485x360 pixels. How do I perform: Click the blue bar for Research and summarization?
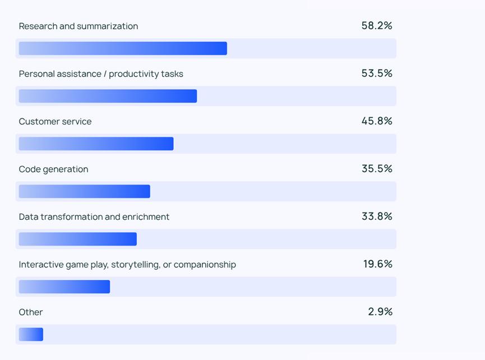(123, 48)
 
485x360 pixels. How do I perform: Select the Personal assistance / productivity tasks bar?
(108, 96)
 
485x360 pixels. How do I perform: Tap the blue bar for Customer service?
(96, 144)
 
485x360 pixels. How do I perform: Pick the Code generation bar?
(84, 191)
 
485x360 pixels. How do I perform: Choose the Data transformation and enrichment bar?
(77, 239)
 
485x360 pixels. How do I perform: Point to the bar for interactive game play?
(64, 287)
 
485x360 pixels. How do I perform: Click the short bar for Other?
(31, 334)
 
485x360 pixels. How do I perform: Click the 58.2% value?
(377, 26)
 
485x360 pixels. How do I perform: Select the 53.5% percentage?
(377, 73)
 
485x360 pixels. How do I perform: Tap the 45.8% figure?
(377, 121)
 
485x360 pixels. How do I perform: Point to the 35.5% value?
(377, 169)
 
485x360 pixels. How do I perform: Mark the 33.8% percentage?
(377, 216)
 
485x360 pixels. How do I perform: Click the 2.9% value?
(380, 312)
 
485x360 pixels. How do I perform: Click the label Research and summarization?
(78, 26)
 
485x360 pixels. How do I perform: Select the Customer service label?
(55, 122)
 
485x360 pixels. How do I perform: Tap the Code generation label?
(53, 169)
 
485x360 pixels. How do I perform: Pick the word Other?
(31, 312)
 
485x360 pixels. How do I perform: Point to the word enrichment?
(147, 217)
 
